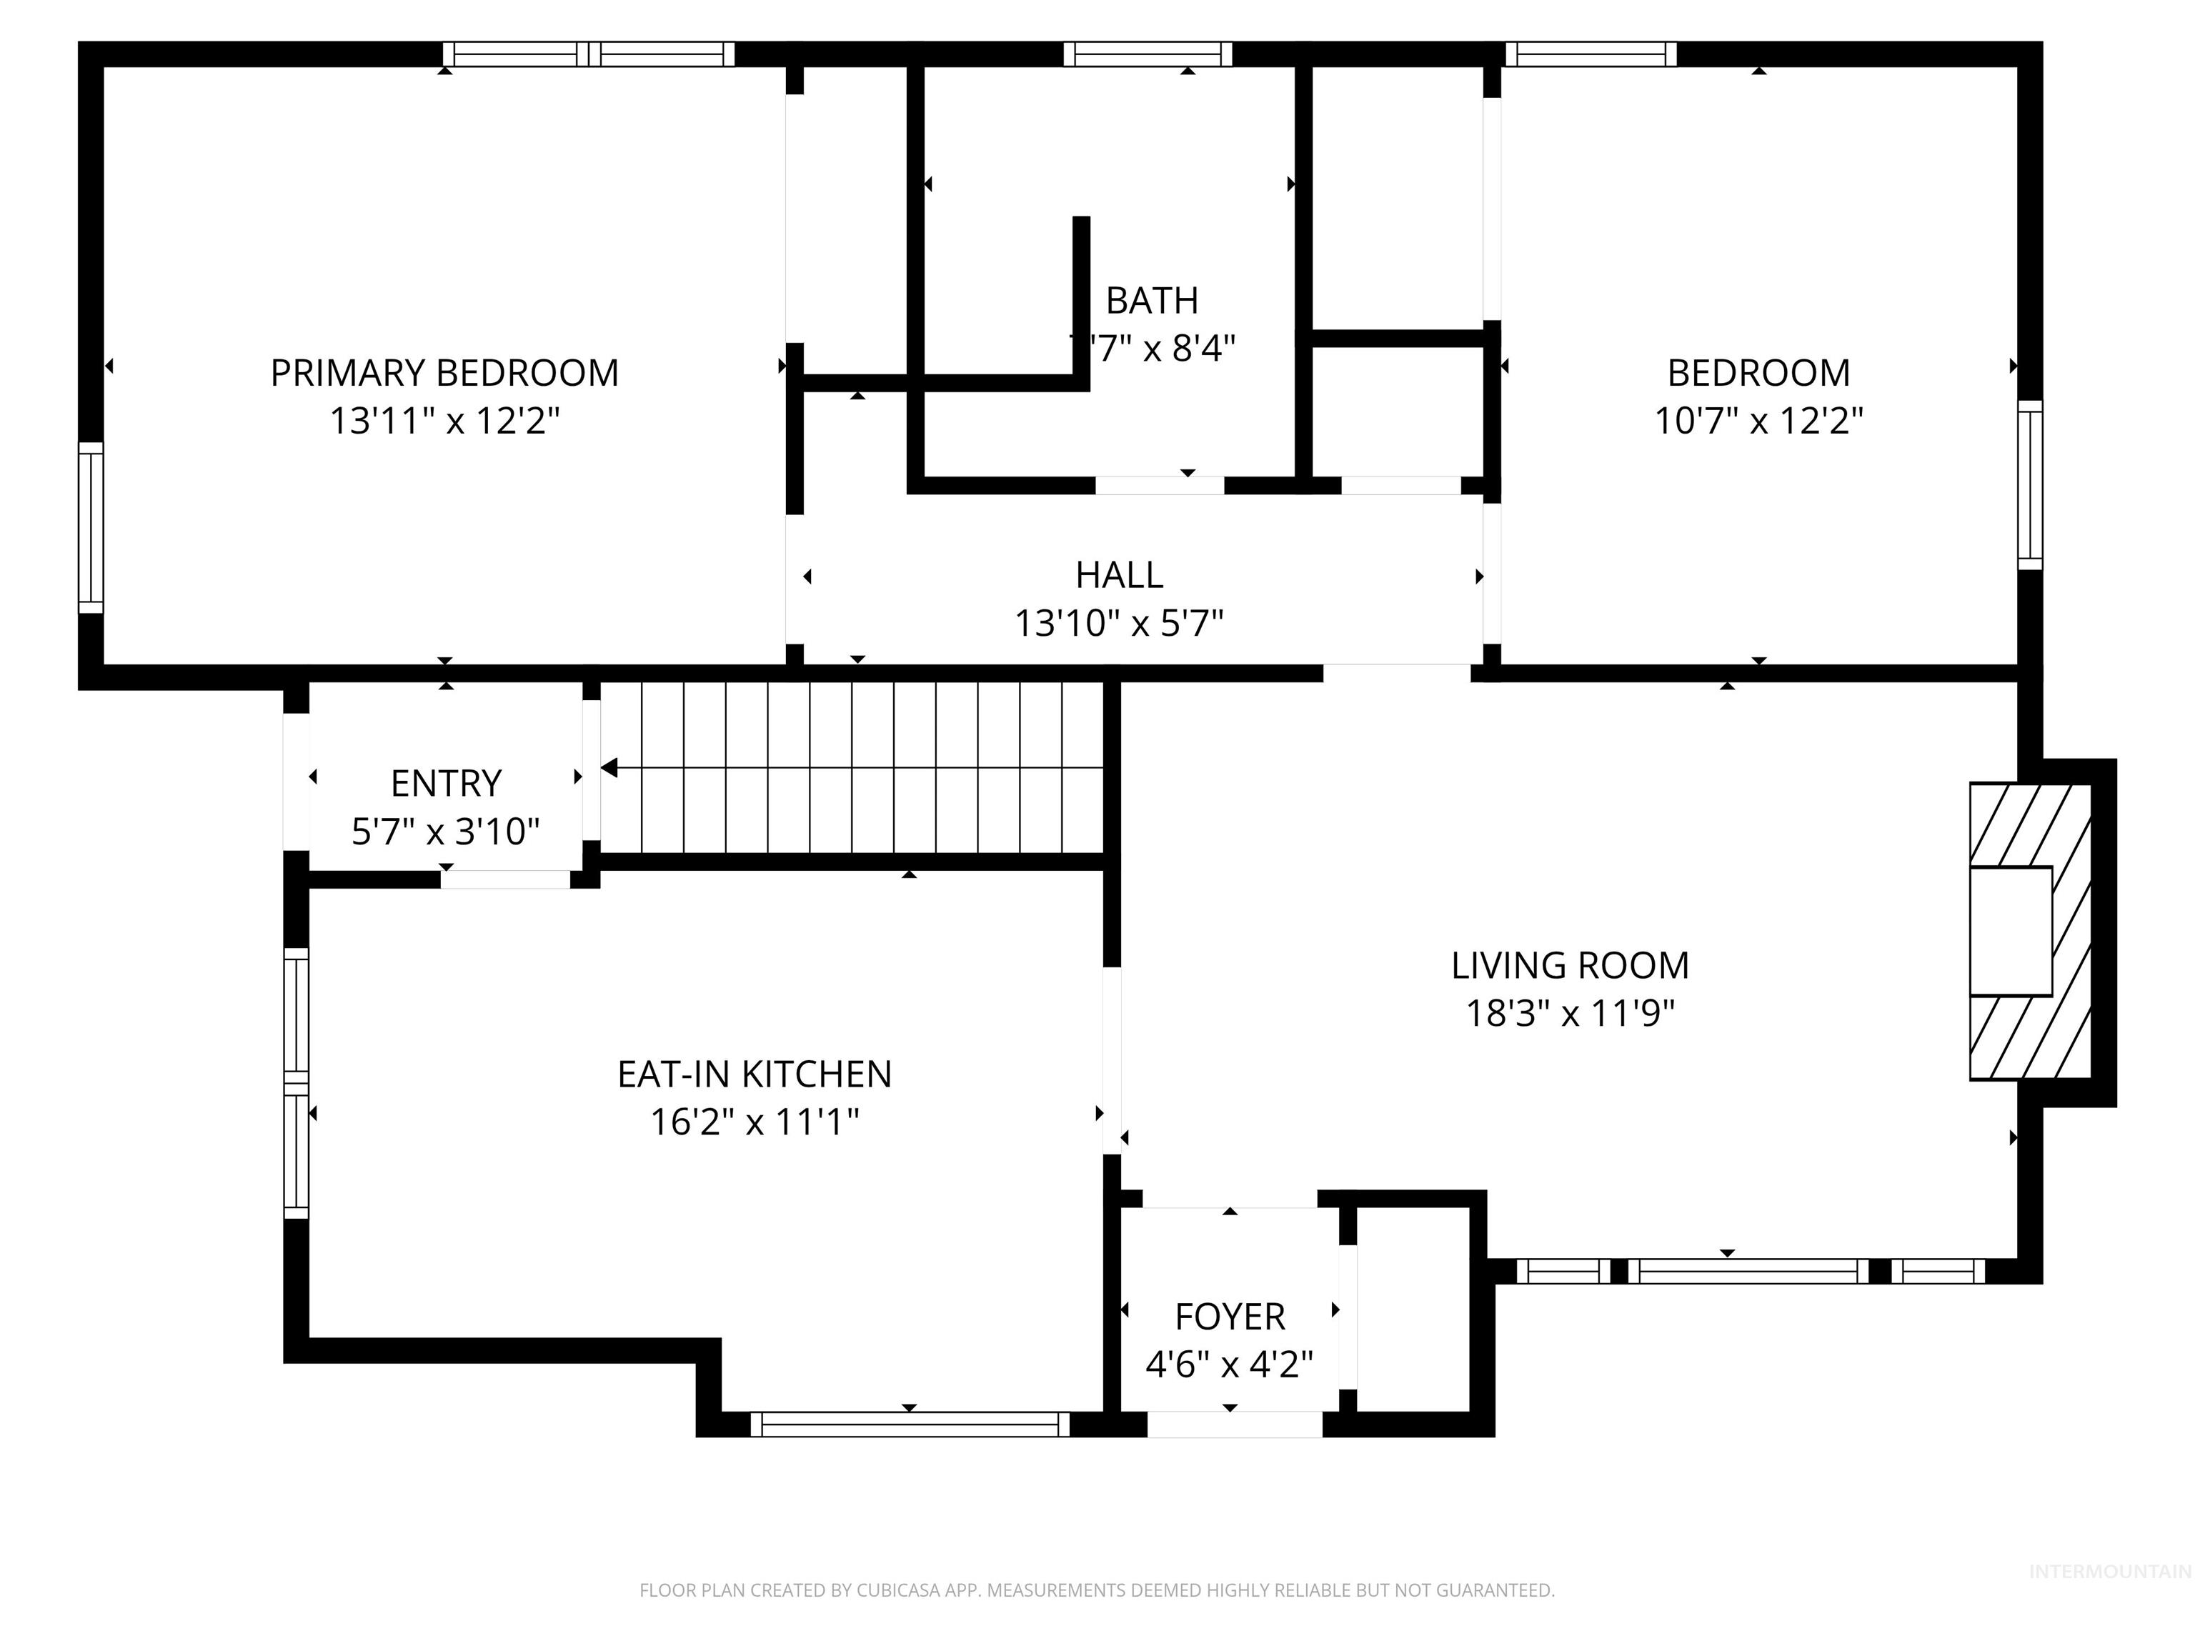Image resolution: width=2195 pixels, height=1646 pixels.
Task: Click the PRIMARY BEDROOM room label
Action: pos(444,373)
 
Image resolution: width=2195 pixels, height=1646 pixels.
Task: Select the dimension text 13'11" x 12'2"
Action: pos(444,421)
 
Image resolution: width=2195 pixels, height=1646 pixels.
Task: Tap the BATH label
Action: pos(1152,301)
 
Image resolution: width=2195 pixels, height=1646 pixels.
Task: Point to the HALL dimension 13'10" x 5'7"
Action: pos(1118,623)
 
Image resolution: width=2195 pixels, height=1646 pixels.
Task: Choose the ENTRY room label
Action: pos(446,783)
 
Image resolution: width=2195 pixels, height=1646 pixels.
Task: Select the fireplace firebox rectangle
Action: pos(2011,931)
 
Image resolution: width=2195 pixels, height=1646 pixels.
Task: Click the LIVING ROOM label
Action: pos(1570,965)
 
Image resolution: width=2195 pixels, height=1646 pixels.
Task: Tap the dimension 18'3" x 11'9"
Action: pos(1570,1013)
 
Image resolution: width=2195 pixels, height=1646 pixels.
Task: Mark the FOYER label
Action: pos(1230,1317)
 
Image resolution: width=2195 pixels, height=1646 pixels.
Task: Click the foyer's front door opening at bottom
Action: pos(1235,1424)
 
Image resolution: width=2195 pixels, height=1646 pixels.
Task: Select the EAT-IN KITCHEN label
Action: pos(754,1074)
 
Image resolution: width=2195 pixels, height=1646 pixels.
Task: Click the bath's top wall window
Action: pos(1148,54)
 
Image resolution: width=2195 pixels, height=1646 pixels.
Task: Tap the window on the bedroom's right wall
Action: pos(2030,484)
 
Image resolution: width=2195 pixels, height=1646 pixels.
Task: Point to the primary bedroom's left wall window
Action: pos(90,528)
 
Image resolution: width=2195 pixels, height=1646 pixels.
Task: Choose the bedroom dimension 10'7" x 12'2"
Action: pos(1758,421)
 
